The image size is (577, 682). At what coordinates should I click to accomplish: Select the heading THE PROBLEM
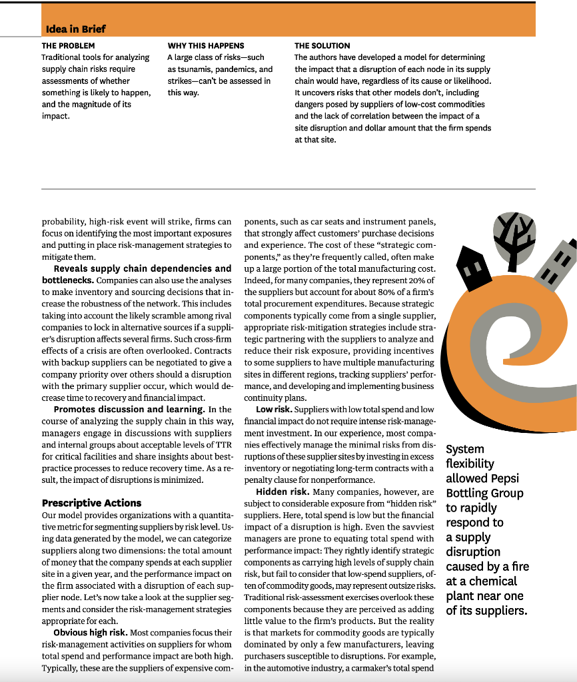pos(68,46)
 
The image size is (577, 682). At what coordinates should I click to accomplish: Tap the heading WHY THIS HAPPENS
pos(206,46)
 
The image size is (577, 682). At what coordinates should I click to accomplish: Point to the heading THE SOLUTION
pos(322,46)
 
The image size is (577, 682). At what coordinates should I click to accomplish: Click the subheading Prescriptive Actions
pos(91,503)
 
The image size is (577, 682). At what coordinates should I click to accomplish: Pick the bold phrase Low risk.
pos(273,409)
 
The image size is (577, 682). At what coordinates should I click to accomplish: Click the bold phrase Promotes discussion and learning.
pos(143,409)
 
